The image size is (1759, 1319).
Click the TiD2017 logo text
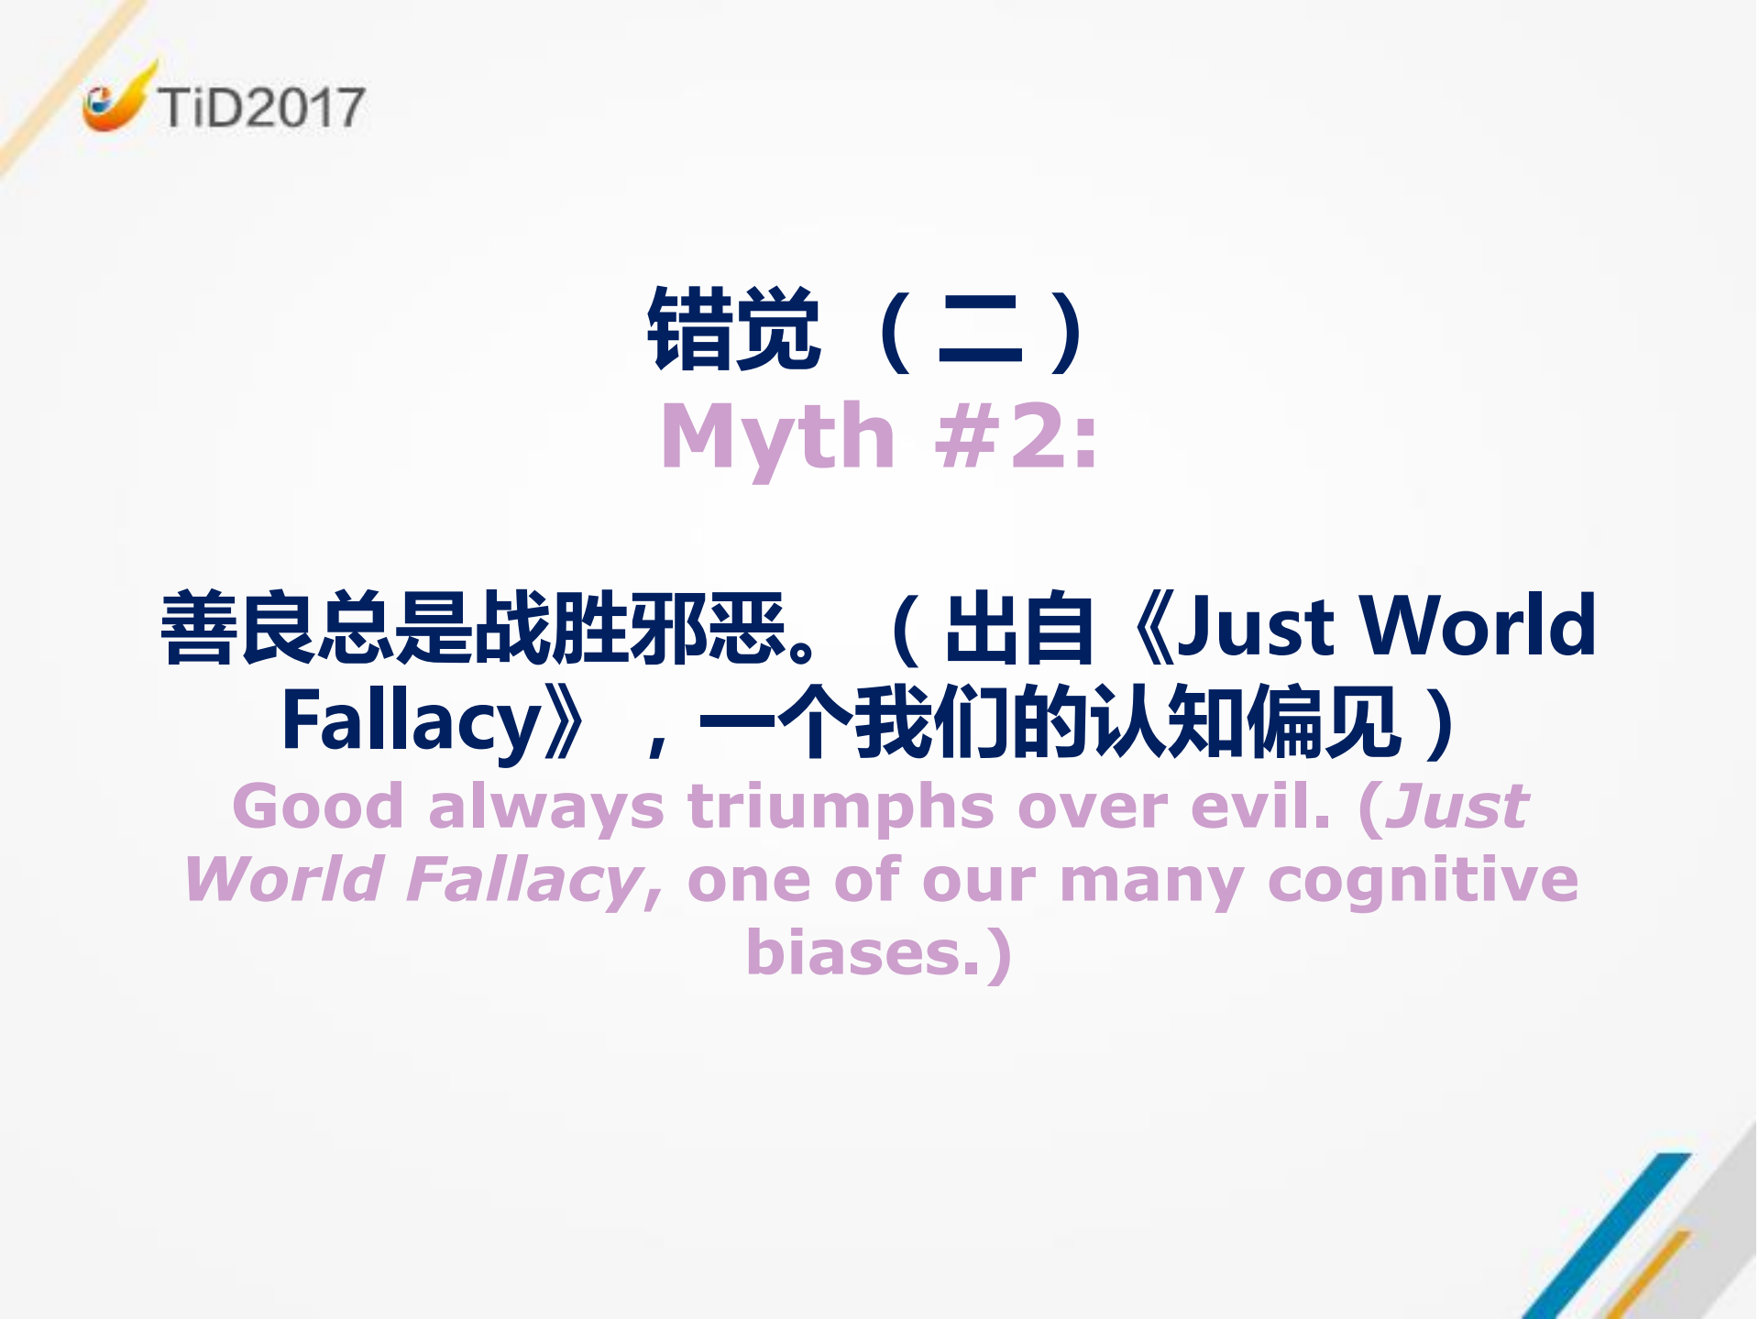[x=261, y=107]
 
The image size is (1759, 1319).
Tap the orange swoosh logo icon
[x=115, y=100]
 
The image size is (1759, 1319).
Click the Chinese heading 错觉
[x=733, y=329]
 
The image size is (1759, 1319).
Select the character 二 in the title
[x=979, y=331]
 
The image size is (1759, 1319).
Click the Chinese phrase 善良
[x=238, y=627]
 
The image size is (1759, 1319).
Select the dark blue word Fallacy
[x=412, y=722]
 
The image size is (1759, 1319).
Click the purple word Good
[x=317, y=807]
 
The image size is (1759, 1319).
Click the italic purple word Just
[x=1457, y=807]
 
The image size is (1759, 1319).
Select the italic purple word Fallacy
[x=526, y=881]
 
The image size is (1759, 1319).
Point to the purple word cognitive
[x=1423, y=881]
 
